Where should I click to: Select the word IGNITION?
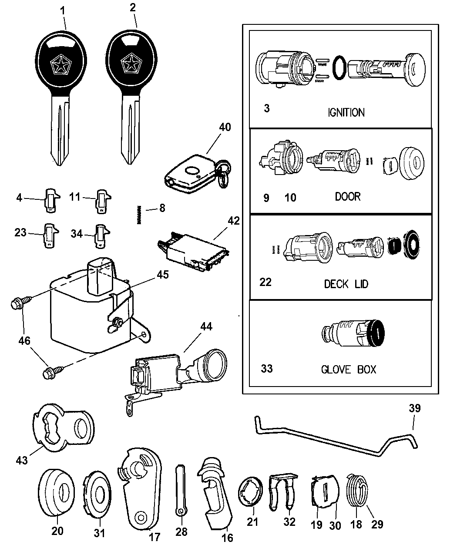pyautogui.click(x=346, y=112)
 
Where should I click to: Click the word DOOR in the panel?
pyautogui.click(x=347, y=196)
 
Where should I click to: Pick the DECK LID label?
pyautogui.click(x=346, y=284)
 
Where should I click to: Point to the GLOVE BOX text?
pyautogui.click(x=348, y=370)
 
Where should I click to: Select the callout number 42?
pyautogui.click(x=233, y=221)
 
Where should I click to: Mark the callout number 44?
pyautogui.click(x=206, y=326)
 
